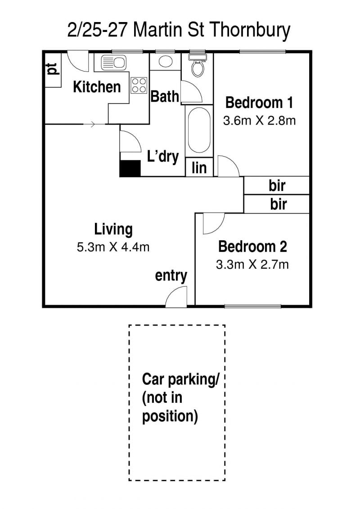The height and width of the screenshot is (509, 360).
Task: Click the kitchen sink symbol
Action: [113, 63]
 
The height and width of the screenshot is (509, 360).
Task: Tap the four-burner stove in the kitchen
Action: [139, 86]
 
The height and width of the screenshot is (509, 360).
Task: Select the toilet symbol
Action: [198, 65]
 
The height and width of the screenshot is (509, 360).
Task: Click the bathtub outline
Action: [199, 130]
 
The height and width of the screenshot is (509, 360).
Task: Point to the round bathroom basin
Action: [166, 61]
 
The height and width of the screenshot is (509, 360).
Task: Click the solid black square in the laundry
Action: [130, 168]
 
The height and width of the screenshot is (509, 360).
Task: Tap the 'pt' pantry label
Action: [52, 69]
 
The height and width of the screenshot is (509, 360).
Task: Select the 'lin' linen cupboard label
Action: [199, 168]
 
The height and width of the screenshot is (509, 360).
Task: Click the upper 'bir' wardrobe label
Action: [277, 185]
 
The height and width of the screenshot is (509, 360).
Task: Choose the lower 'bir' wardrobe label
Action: [278, 204]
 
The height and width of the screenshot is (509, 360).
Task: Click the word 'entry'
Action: [171, 276]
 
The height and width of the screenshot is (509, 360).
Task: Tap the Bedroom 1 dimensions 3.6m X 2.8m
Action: [259, 121]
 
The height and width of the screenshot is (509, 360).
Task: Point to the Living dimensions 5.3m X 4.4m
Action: [113, 248]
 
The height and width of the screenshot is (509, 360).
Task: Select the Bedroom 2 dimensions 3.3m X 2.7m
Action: [252, 265]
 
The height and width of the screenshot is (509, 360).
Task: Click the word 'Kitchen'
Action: [97, 87]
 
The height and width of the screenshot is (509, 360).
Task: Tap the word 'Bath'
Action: [165, 96]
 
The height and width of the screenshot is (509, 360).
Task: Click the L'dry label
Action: [162, 156]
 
